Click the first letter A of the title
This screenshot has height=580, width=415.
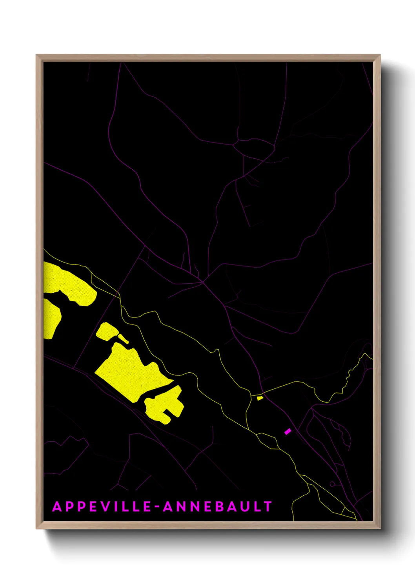(x=57, y=506)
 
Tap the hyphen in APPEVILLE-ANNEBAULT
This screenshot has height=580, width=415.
(x=158, y=507)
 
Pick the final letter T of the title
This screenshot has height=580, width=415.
(x=268, y=506)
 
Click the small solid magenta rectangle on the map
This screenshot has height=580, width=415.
(x=288, y=431)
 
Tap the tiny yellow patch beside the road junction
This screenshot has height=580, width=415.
(x=260, y=398)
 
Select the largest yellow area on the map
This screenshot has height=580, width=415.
(x=129, y=372)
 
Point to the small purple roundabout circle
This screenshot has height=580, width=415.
(x=332, y=484)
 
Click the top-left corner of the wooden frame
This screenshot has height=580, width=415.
(x=36, y=55)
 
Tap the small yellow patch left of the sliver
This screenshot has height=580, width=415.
(x=107, y=332)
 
